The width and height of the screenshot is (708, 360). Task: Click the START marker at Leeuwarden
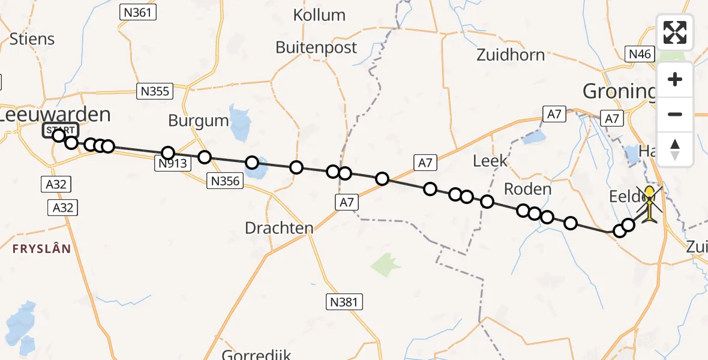point(60,130)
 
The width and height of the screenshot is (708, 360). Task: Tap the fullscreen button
point(675,32)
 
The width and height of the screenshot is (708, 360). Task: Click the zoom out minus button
point(675,114)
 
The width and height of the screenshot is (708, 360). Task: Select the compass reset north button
point(675,149)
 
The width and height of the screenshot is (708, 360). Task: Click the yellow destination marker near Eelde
point(650,203)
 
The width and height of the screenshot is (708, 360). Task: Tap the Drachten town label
point(279,228)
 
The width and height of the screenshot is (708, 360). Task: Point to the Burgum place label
point(199,121)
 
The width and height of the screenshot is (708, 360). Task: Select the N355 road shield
point(155,91)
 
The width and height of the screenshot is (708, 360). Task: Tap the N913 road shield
point(173,163)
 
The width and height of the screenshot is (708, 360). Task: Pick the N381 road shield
point(345,301)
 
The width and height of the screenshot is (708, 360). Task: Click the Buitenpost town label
point(316,47)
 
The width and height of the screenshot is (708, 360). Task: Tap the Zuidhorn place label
point(511,55)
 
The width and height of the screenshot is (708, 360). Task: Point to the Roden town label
point(527,190)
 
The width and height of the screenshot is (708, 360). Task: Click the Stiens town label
point(32,39)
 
